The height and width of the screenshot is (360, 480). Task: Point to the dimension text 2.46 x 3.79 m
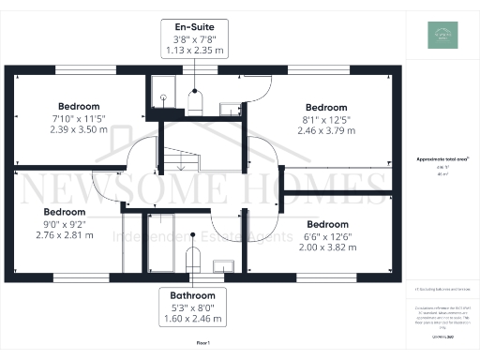pyautogui.click(x=326, y=130)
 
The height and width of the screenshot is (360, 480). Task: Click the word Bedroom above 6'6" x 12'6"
pyautogui.click(x=327, y=225)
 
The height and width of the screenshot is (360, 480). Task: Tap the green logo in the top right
pyautogui.click(x=438, y=36)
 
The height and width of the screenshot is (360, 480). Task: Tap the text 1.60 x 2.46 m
pyautogui.click(x=195, y=318)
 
